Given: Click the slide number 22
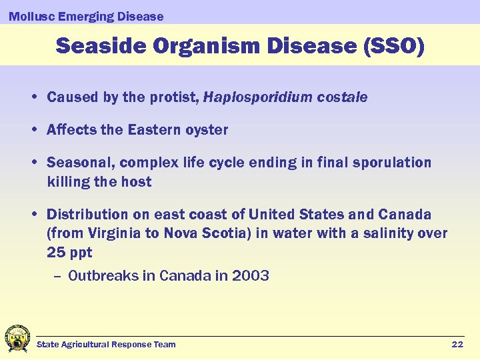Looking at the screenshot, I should (457, 344).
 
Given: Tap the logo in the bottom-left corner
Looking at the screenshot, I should (17, 338).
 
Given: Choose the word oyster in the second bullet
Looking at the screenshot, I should (208, 130).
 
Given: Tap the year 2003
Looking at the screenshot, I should (251, 276).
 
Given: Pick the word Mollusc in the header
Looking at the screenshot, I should (29, 17).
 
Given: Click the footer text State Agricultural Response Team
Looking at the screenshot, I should (106, 345).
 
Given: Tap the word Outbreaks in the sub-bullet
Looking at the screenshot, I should (103, 276).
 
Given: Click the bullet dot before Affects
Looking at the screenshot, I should (33, 131).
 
